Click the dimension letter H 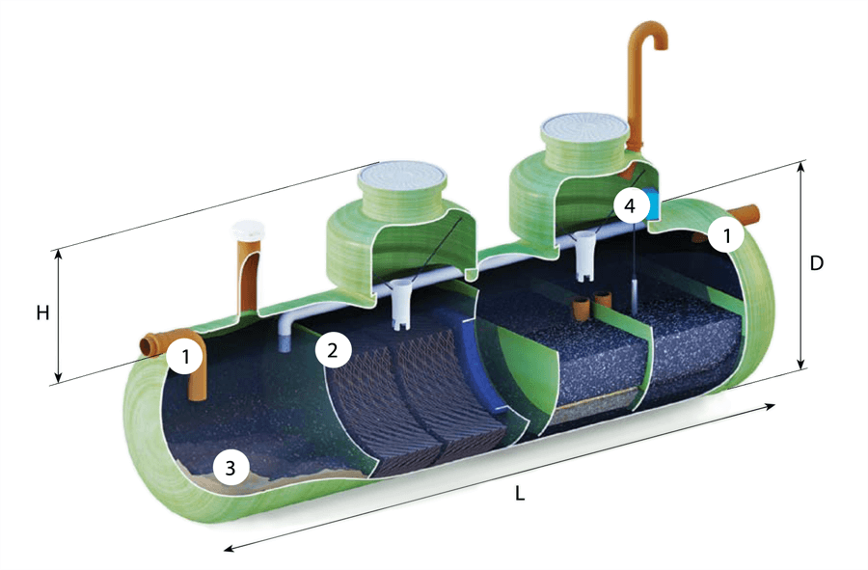[42, 313]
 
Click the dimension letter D [817, 263]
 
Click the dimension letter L [519, 494]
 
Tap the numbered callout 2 [332, 350]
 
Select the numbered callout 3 [231, 468]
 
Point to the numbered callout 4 [630, 205]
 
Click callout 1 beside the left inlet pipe [185, 357]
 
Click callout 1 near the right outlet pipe [727, 235]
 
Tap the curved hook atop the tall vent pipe [651, 35]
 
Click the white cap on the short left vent [248, 231]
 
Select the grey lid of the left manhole [402, 177]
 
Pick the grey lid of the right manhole [584, 128]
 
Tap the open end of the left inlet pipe [148, 347]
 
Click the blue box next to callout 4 [653, 205]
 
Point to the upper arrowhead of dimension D [800, 166]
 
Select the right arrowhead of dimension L [770, 407]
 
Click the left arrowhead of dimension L [230, 549]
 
